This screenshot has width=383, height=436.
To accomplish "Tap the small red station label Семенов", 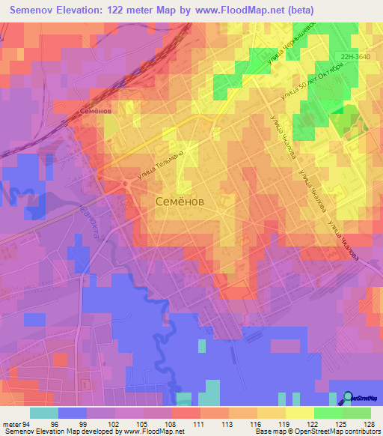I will (95, 111).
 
